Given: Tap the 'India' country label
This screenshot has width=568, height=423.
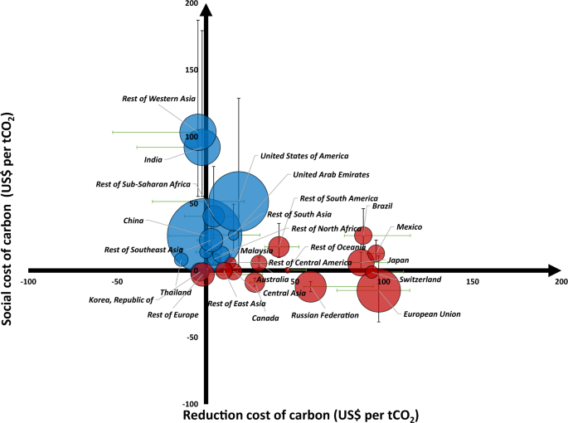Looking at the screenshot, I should point(153,159).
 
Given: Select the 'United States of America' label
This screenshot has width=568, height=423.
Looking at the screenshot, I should point(304,156).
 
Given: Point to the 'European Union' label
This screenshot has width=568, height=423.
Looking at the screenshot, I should point(431,314).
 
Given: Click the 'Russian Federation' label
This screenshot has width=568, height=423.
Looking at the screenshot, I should point(325,315).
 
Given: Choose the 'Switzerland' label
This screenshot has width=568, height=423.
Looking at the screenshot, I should point(420,280).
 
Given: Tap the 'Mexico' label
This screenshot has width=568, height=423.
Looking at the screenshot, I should point(410,226).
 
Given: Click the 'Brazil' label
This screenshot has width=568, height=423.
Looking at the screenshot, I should point(382,207).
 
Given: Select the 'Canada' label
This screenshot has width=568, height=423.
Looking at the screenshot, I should point(265,318).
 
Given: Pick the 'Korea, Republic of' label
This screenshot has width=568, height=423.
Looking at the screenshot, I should point(121,299).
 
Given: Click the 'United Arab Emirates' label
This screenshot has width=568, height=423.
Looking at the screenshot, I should point(331,175).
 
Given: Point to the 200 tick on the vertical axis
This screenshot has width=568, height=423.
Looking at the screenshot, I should point(192,5).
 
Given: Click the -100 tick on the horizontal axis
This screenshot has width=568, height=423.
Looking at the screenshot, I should point(30,282).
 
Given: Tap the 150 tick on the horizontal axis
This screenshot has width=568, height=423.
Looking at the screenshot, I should point(473,282).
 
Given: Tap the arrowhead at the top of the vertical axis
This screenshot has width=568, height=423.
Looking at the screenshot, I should point(206,11).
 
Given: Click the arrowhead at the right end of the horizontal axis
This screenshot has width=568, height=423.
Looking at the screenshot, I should point(554,270).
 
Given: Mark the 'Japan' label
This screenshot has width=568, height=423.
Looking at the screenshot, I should point(398,260).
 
